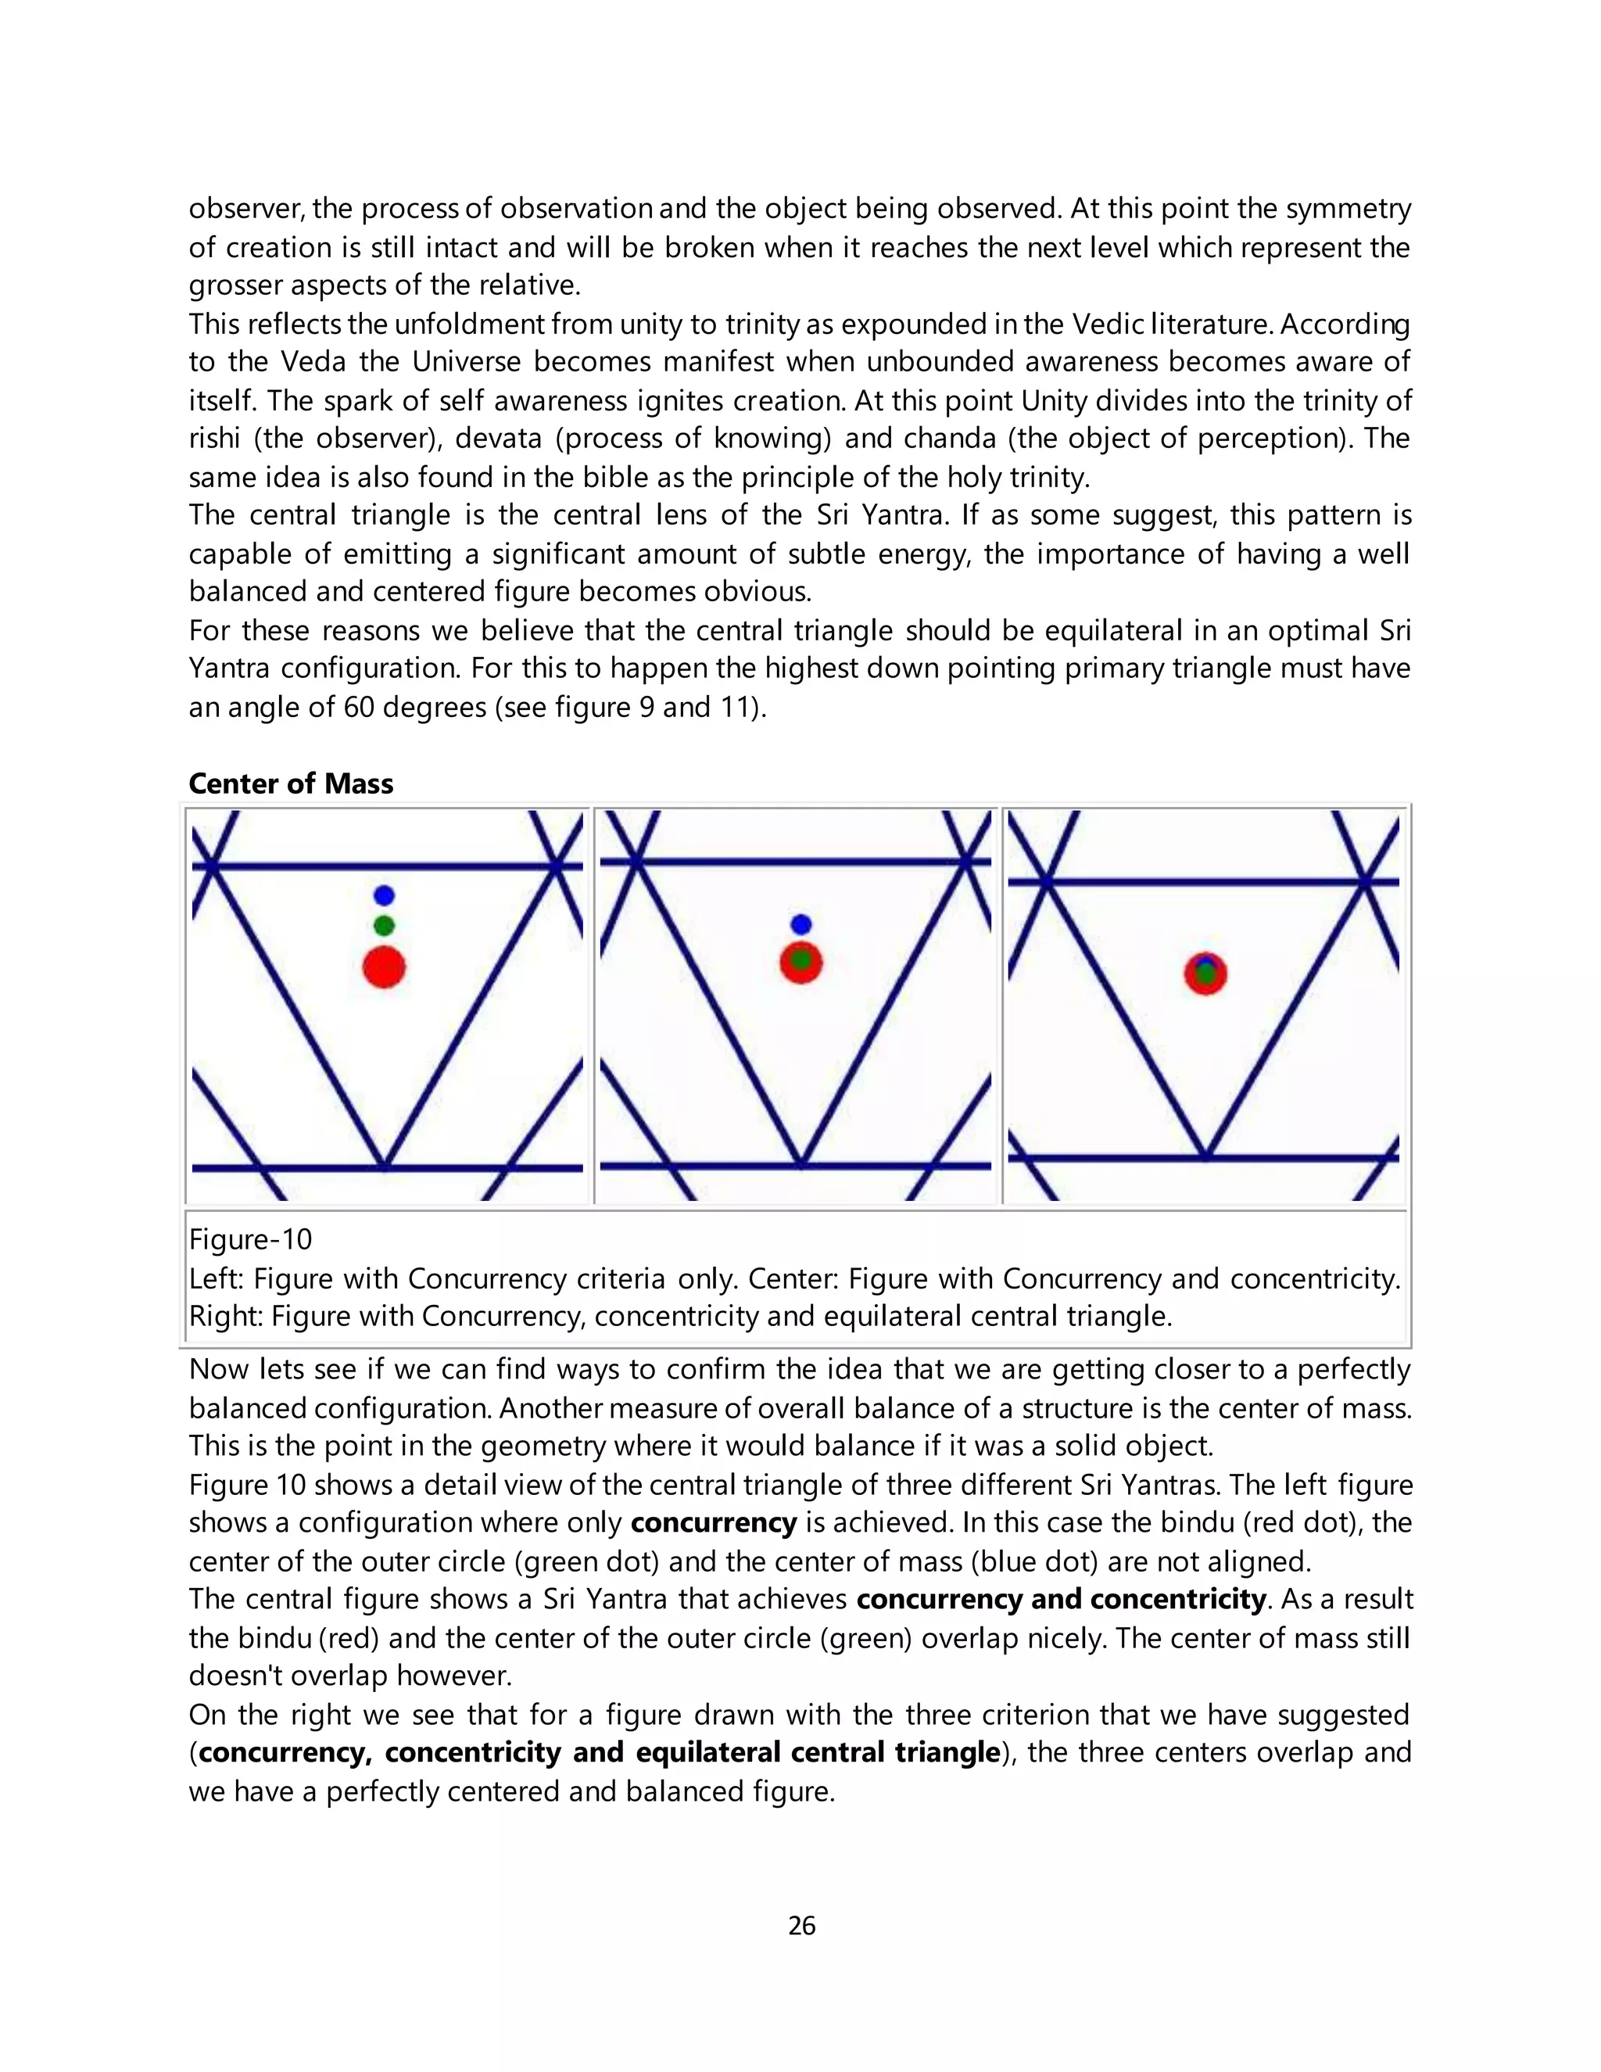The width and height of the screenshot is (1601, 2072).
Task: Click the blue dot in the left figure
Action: pyautogui.click(x=383, y=894)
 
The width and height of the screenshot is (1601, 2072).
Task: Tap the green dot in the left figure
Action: pyautogui.click(x=383, y=925)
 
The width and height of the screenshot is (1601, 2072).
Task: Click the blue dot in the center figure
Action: pyautogui.click(x=800, y=924)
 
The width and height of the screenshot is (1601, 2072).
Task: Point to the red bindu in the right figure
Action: pyautogui.click(x=1205, y=973)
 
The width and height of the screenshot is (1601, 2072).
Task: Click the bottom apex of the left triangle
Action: pyautogui.click(x=384, y=1165)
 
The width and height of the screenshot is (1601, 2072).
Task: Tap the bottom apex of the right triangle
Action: pyautogui.click(x=1205, y=1156)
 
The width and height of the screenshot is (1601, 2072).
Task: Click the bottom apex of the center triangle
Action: pyautogui.click(x=800, y=1164)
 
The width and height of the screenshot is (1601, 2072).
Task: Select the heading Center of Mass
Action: pyautogui.click(x=290, y=783)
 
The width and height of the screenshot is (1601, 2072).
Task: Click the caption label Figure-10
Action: pyautogui.click(x=250, y=1240)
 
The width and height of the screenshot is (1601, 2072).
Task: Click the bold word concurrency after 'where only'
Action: pyautogui.click(x=713, y=1522)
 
